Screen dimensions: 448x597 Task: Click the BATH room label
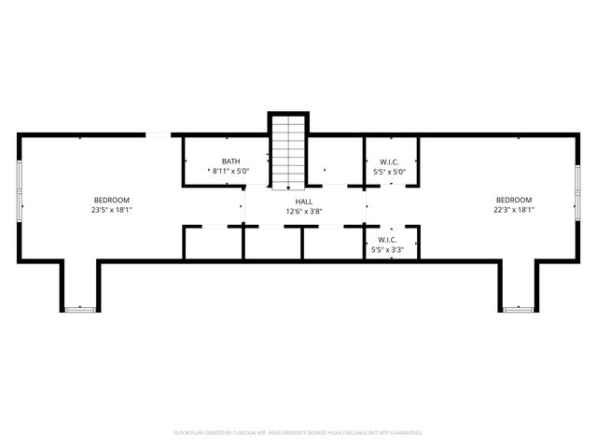tap(230, 161)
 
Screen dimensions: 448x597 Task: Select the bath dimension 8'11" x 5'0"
tap(230, 172)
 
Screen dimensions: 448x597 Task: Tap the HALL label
tap(305, 201)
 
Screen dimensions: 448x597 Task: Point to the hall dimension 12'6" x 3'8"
tap(305, 211)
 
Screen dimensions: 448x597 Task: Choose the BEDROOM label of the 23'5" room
tap(111, 200)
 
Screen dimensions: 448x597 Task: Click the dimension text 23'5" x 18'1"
tap(111, 210)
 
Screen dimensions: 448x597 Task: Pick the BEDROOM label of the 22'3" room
tap(513, 200)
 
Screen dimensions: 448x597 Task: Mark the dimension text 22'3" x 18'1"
tap(513, 210)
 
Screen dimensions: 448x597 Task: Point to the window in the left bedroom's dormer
tap(80, 309)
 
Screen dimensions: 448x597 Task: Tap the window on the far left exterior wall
tap(19, 190)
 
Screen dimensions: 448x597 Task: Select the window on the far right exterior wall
tap(577, 190)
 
